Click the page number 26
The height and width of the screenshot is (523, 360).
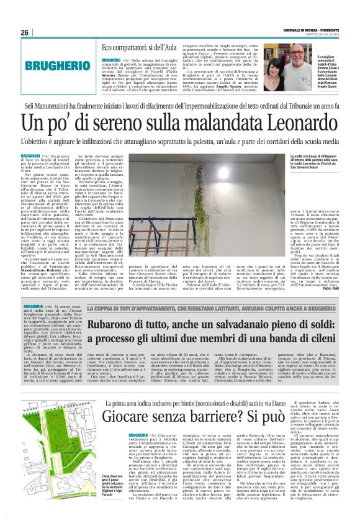coord(25,32)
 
